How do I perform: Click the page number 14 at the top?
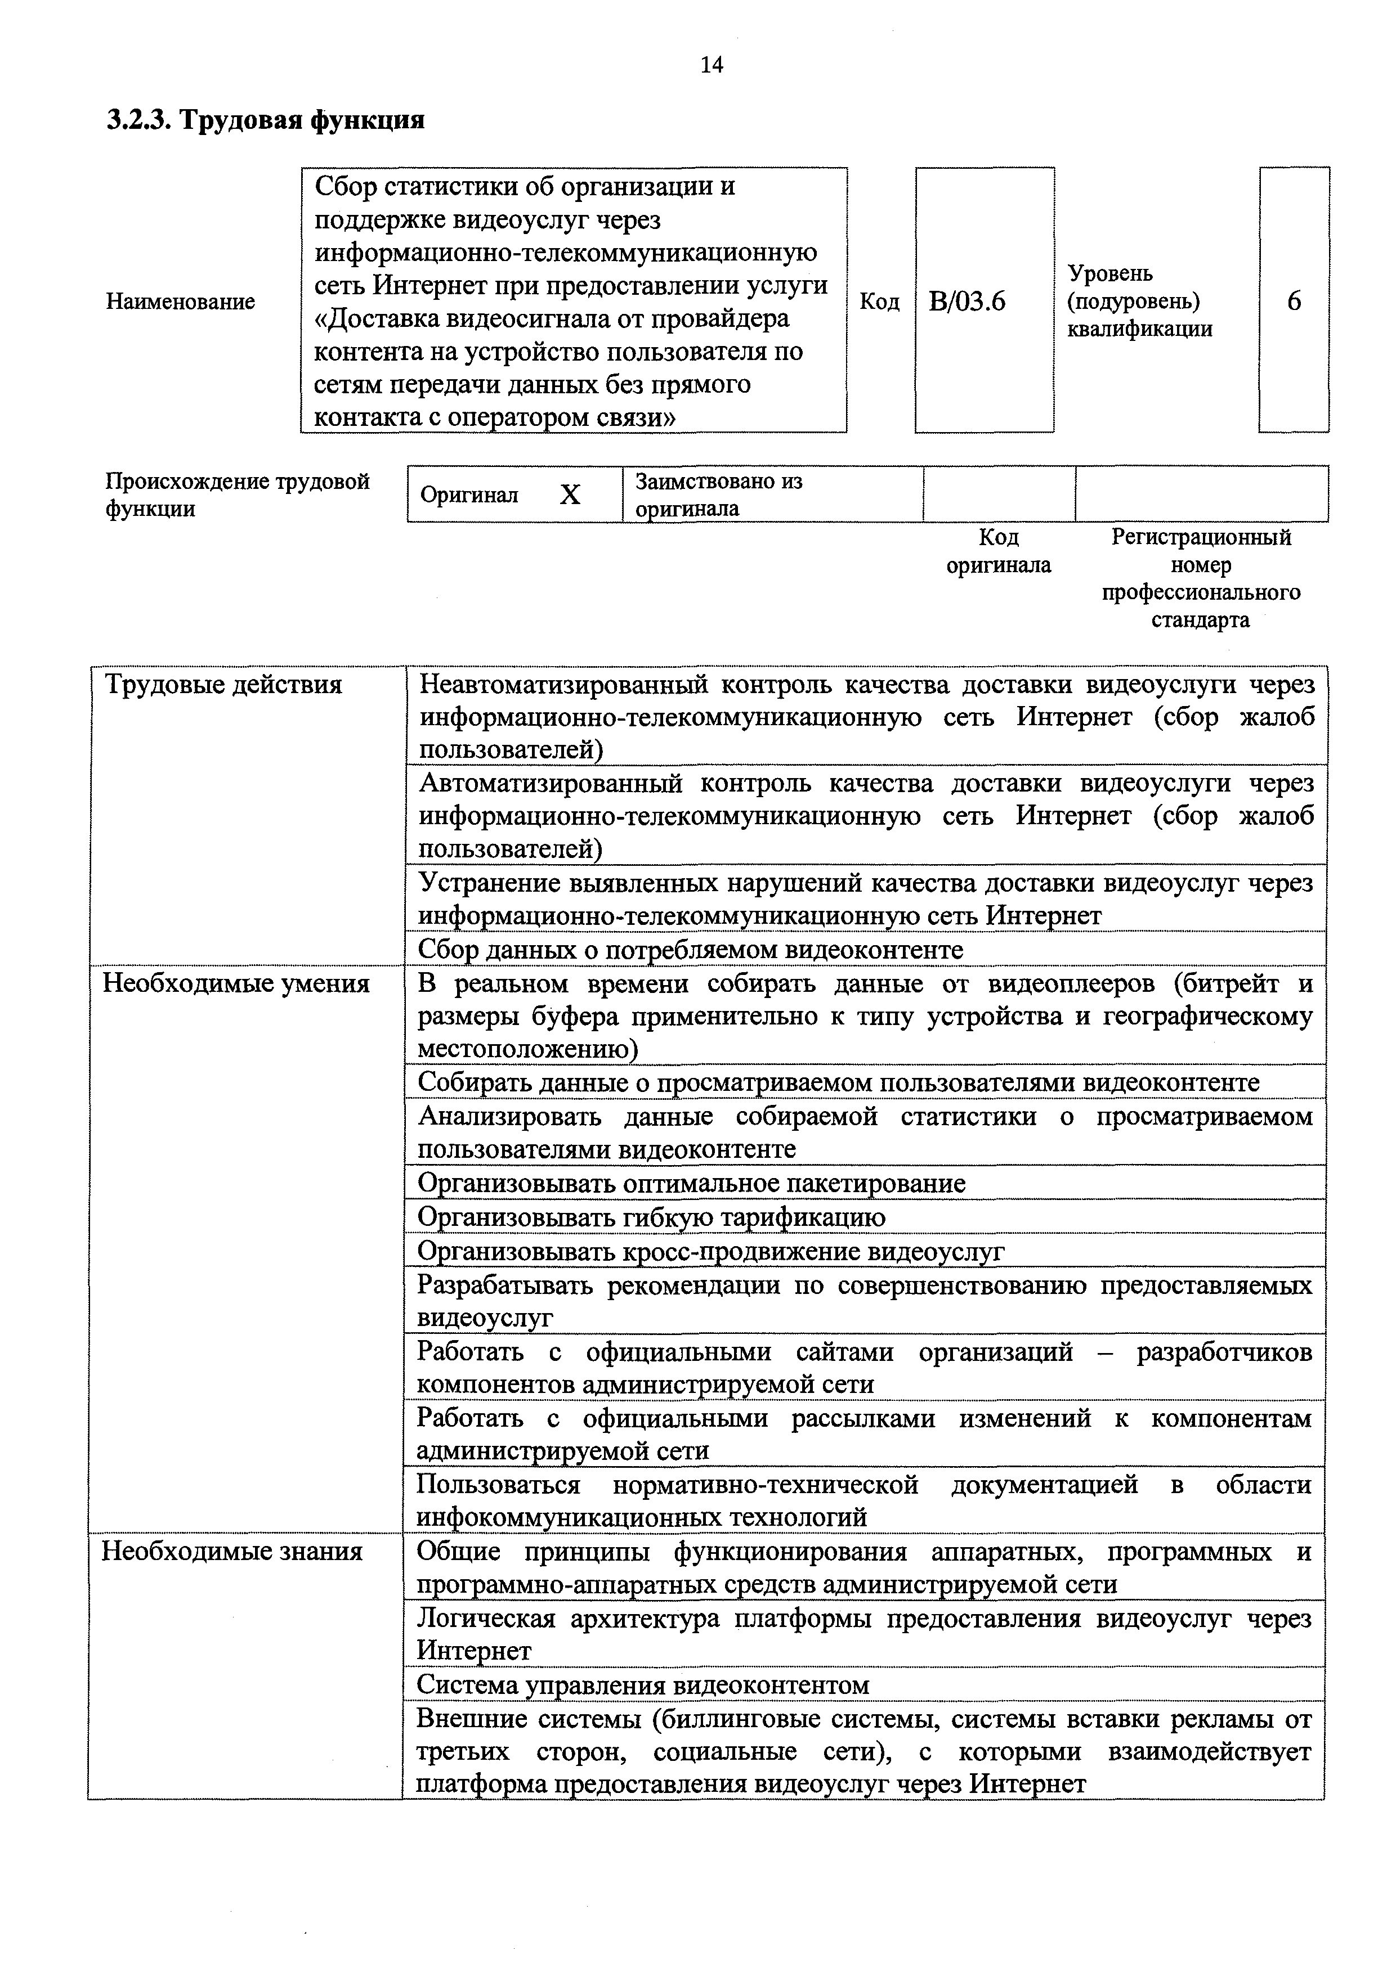pyautogui.click(x=712, y=65)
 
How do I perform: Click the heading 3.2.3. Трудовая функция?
pyautogui.click(x=266, y=119)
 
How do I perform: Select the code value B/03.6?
pyautogui.click(x=967, y=302)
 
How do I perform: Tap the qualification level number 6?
pyautogui.click(x=1294, y=301)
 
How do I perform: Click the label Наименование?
pyautogui.click(x=181, y=302)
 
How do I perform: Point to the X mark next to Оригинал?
pyautogui.click(x=570, y=495)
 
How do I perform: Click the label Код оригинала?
pyautogui.click(x=998, y=551)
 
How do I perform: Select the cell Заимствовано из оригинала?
pyautogui.click(x=719, y=494)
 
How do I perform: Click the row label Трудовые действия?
pyautogui.click(x=223, y=685)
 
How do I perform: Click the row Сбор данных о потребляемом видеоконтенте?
pyautogui.click(x=690, y=950)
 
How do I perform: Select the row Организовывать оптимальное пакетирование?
pyautogui.click(x=691, y=1183)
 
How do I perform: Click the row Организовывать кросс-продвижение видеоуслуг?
pyautogui.click(x=710, y=1251)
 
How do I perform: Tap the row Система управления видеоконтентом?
pyautogui.click(x=643, y=1685)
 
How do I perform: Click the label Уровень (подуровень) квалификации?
pyautogui.click(x=1140, y=301)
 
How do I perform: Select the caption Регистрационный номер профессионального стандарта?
pyautogui.click(x=1201, y=578)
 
